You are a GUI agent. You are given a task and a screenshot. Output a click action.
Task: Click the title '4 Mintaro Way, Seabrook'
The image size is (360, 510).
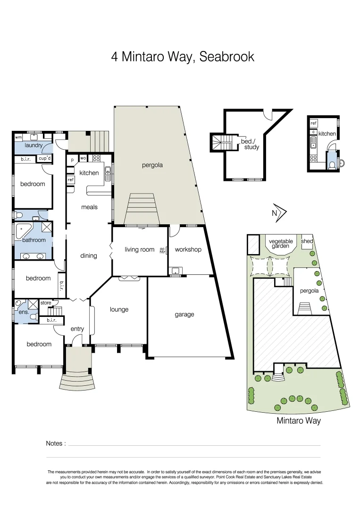pos(183,57)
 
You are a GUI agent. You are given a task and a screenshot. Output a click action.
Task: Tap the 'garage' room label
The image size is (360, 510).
pos(184,314)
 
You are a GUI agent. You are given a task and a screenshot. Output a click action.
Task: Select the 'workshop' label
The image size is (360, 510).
pos(188,249)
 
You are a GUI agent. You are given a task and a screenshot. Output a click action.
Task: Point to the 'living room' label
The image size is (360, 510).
pos(139,249)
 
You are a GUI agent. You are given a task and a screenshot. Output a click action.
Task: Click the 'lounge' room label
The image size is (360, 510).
pos(119,310)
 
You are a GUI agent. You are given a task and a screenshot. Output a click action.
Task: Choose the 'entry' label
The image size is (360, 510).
pos(77,329)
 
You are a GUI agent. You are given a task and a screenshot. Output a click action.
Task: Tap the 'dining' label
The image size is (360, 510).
pos(88,255)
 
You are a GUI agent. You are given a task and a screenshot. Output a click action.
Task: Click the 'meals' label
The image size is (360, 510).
pos(89,207)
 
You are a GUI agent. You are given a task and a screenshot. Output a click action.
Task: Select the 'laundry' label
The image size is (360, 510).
pos(33,145)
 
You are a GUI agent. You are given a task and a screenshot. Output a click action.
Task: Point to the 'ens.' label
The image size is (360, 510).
pos(24,312)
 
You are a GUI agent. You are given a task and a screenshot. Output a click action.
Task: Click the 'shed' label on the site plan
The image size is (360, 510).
pos(307,241)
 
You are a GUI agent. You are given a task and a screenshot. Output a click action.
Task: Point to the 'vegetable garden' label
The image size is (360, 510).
pos(281,244)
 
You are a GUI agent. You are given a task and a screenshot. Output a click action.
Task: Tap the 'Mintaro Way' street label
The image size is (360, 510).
pos(298,420)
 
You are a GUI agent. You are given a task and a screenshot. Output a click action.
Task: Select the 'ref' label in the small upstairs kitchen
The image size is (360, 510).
pos(313,123)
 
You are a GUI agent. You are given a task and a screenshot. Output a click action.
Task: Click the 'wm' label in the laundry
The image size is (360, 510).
pos(18,137)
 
